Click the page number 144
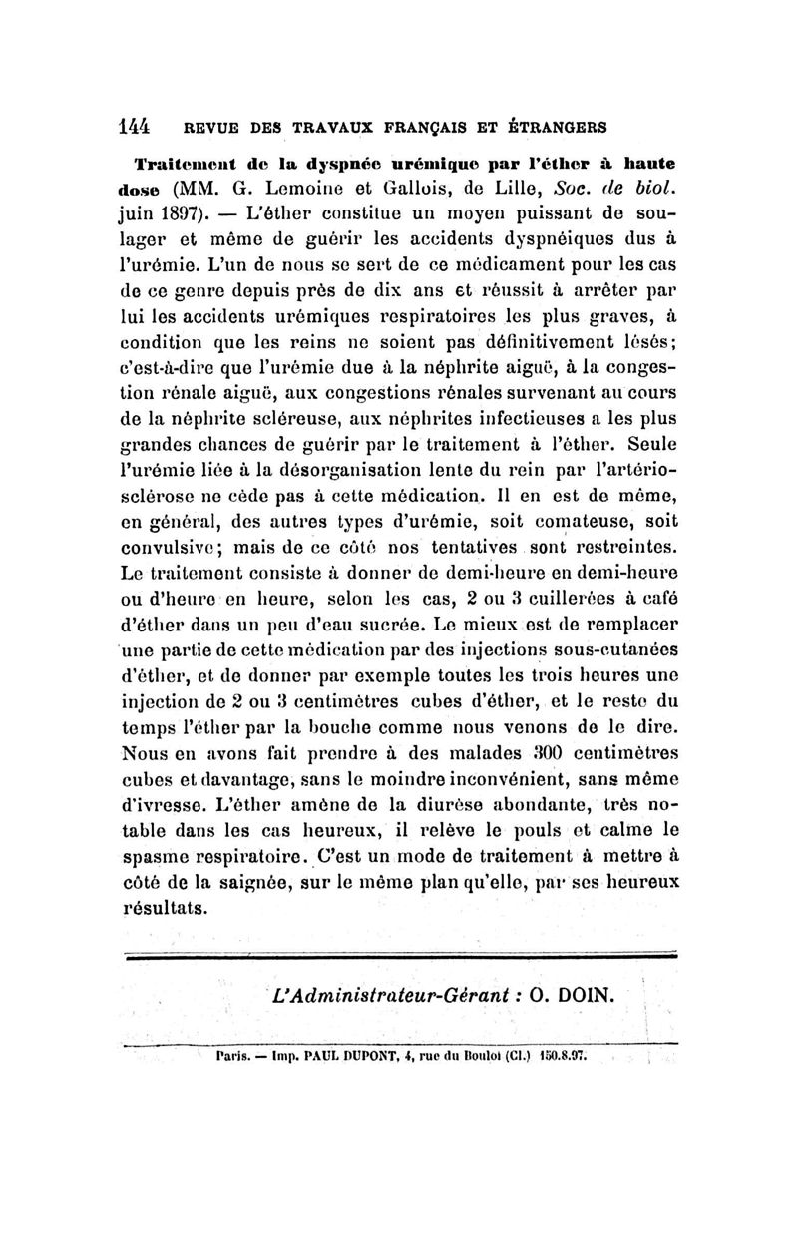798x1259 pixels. [x=134, y=127]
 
